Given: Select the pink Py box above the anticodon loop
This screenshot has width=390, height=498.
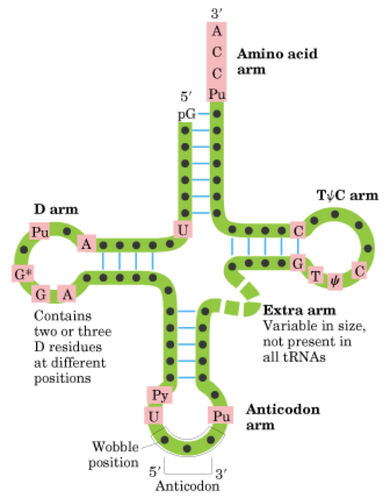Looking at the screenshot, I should [158, 396].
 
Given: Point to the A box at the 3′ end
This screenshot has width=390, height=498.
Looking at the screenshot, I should [217, 31].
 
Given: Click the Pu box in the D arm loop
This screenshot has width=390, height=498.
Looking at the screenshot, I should [38, 231].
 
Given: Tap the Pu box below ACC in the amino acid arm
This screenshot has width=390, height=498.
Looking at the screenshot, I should [217, 94].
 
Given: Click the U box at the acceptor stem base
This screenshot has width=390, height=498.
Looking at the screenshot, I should [181, 229].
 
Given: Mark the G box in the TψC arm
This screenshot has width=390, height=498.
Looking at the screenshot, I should [298, 263].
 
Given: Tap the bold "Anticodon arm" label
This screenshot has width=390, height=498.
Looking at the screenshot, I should [275, 416].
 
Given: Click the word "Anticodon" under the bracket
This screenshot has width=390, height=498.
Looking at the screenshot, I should [188, 486].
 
